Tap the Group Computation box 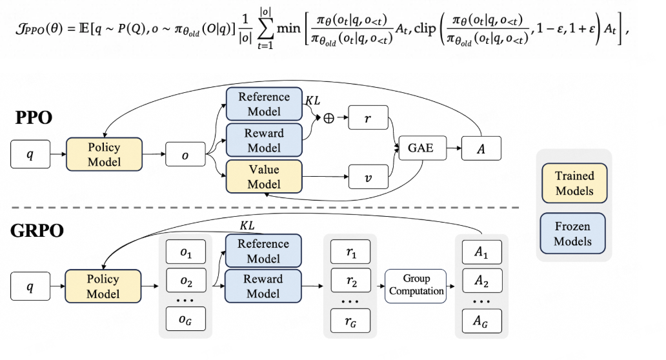click(x=416, y=285)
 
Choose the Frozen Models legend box click(x=573, y=234)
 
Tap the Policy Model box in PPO click(x=104, y=155)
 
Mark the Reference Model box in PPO click(x=264, y=103)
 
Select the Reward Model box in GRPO click(x=263, y=286)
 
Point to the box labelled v click(x=368, y=175)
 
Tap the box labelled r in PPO click(x=368, y=119)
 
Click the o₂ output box click(x=185, y=281)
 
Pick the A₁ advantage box click(x=481, y=252)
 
